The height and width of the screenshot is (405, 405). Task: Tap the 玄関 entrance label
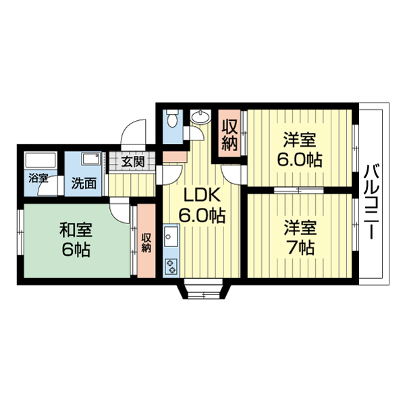(x=133, y=161)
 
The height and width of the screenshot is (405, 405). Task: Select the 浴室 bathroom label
(x=38, y=179)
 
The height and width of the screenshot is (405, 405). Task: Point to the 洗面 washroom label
(x=84, y=182)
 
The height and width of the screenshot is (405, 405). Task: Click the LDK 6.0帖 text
(x=201, y=206)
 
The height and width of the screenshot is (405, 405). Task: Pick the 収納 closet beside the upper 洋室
(x=230, y=134)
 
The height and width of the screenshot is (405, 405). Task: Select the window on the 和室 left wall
(x=20, y=240)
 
